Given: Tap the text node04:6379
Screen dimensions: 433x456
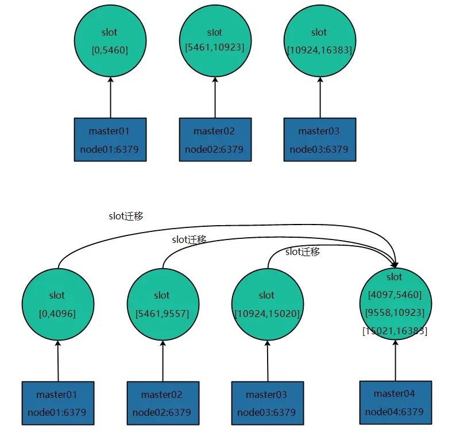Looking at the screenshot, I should pos(394,411).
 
